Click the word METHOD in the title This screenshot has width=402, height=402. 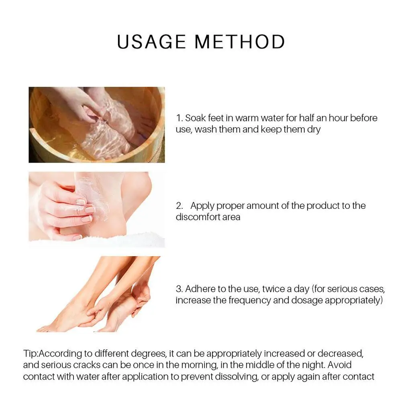tap(240, 42)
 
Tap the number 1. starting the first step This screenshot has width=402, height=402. tap(180, 118)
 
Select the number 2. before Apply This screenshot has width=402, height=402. tap(180, 206)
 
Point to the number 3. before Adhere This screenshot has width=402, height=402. tap(180, 289)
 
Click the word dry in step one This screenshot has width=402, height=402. tap(314, 130)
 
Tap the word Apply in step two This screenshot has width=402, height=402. tap(202, 206)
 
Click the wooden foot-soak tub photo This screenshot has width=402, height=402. tap(96, 125)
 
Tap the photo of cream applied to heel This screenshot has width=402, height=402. tap(96, 210)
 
